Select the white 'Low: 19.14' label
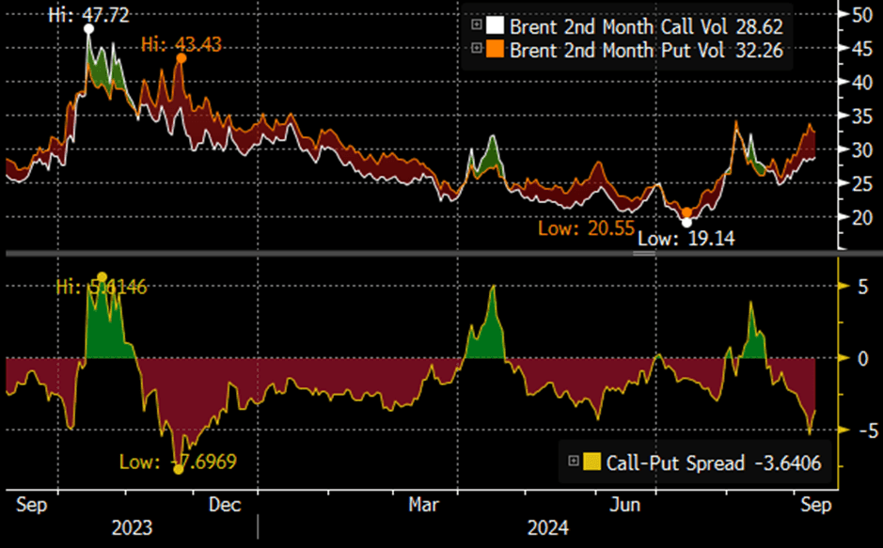(685, 239)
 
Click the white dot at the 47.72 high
(89, 29)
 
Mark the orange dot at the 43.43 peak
(181, 58)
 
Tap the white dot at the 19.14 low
(686, 223)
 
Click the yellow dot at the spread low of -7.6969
(178, 468)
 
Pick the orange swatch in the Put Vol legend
(497, 49)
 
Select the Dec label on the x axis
(225, 505)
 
